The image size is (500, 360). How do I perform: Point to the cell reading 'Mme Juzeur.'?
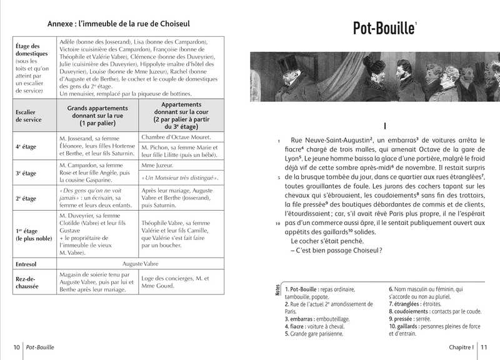[157, 167]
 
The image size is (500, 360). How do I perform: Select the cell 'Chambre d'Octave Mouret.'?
[176, 137]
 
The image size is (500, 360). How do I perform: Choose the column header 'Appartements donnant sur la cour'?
[181, 115]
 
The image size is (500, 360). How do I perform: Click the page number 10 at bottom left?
[16, 347]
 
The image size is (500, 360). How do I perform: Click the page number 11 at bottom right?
[486, 347]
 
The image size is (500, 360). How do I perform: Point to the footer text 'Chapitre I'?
[461, 347]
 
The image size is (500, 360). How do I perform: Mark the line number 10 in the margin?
[277, 222]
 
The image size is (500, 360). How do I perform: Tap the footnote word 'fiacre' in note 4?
[301, 326]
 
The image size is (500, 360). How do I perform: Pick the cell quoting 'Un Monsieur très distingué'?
[180, 178]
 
